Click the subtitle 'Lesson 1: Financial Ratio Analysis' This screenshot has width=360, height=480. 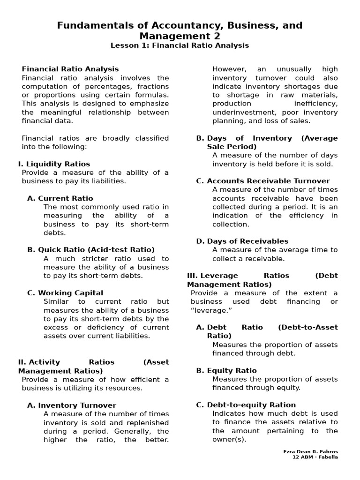[x=180, y=45]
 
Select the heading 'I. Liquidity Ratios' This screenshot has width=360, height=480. [x=54, y=164]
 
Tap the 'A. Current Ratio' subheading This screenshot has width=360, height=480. [x=60, y=198]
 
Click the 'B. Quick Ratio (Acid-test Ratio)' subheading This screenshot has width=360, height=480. [x=91, y=250]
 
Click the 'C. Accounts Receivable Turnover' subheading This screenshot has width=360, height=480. [x=263, y=181]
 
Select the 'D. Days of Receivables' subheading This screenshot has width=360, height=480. [x=242, y=241]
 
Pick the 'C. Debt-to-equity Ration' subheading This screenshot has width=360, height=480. [x=246, y=405]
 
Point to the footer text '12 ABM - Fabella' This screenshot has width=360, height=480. [x=315, y=457]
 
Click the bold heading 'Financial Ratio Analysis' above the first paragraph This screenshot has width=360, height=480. [x=70, y=69]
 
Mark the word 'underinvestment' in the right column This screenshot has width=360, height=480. [x=241, y=112]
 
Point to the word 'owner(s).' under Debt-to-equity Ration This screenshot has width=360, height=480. [x=229, y=440]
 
